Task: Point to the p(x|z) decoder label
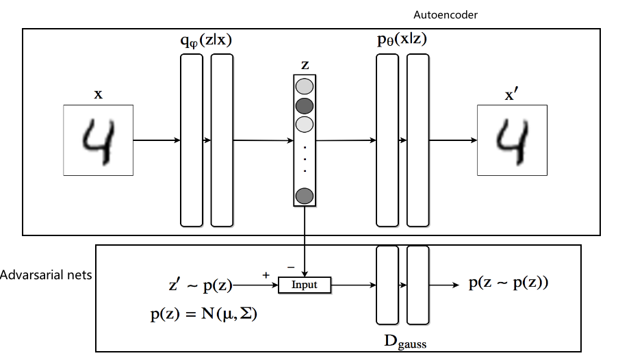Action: coord(403,41)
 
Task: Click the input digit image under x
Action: coord(99,140)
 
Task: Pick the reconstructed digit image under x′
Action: coord(512,140)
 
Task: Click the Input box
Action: coord(305,284)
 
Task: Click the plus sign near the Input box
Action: coord(266,274)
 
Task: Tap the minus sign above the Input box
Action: coord(292,265)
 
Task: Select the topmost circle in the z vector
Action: coord(304,87)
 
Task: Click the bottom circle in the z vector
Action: coord(304,196)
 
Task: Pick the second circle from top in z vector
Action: coord(304,106)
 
